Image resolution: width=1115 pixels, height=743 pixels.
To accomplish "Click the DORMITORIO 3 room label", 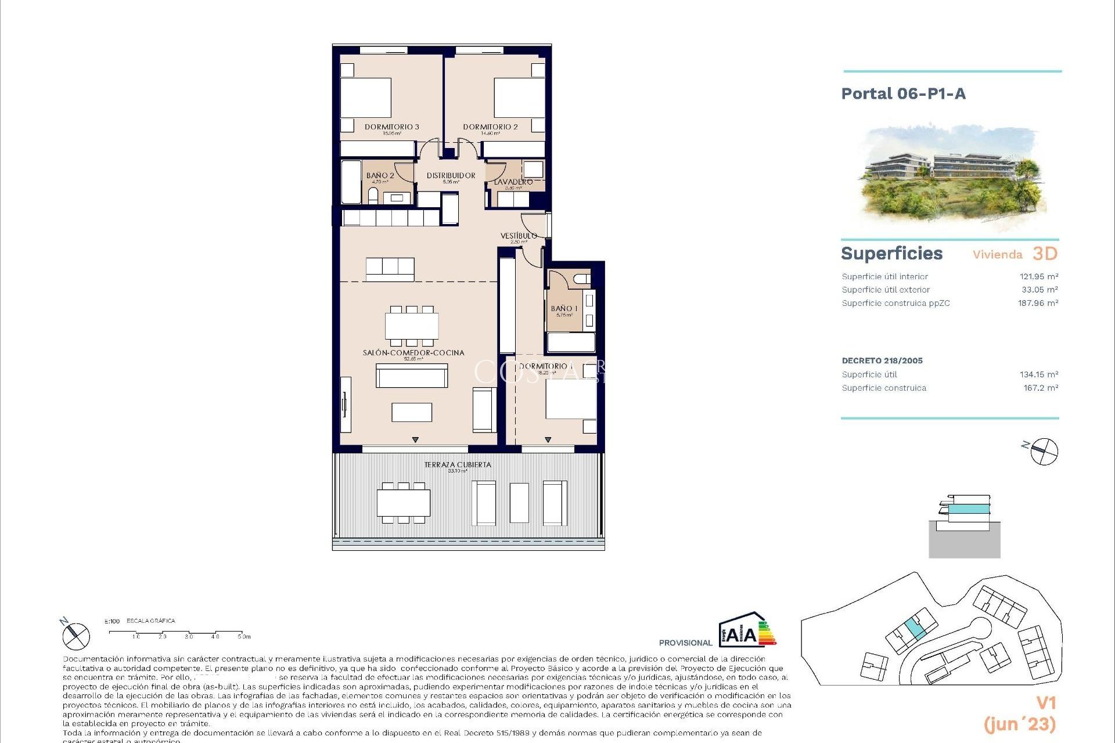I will coord(391,127).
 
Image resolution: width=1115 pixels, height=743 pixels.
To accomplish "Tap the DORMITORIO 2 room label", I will coord(490,127).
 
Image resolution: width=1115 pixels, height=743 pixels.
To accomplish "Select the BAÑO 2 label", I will coord(380,175).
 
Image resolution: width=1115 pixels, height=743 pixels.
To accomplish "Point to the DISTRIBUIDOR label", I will coord(451,175).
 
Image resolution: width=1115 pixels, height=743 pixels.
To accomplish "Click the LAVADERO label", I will coord(513,182).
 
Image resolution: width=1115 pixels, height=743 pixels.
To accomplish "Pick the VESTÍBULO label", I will coord(519,236).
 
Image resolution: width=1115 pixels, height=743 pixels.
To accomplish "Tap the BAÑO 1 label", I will coord(564,309).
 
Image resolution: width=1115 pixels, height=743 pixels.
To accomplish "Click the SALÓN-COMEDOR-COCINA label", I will coord(413,352).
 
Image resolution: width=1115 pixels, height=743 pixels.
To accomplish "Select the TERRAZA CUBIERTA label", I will coord(458,464).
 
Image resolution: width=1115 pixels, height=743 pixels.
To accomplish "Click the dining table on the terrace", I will coord(404,503).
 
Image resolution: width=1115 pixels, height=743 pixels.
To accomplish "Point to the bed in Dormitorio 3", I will coord(365,98).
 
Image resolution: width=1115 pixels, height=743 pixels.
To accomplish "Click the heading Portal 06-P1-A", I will coord(903,94).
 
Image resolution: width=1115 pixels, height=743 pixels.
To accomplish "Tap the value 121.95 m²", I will coord(1038,277).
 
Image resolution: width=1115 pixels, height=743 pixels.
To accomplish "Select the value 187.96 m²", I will coord(1038,303).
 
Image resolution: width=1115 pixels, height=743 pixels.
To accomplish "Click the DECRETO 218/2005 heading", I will coord(882,360).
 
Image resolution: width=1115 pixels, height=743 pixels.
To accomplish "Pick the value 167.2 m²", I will coord(1040,388).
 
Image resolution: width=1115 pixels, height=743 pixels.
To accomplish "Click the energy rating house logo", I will coord(747,630).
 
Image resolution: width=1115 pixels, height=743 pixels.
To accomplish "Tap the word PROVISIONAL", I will coord(685,643).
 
